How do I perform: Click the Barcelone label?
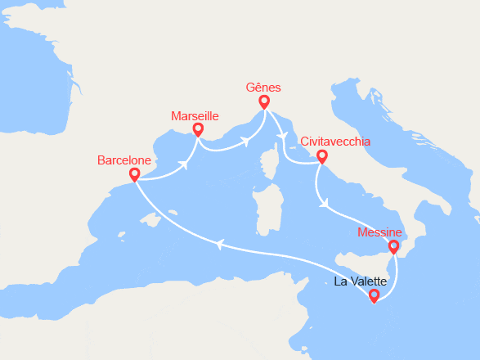click(124, 160)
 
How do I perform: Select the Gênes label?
click(263, 87)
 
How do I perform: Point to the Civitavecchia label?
click(335, 141)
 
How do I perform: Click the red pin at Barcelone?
click(134, 174)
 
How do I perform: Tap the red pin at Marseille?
click(198, 129)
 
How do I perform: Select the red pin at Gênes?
click(264, 101)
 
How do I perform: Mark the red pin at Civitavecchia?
click(322, 155)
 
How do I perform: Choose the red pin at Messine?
click(393, 245)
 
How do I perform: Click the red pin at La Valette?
click(375, 295)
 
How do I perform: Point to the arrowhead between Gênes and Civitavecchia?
click(283, 135)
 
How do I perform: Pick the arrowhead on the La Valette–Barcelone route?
click(218, 242)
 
